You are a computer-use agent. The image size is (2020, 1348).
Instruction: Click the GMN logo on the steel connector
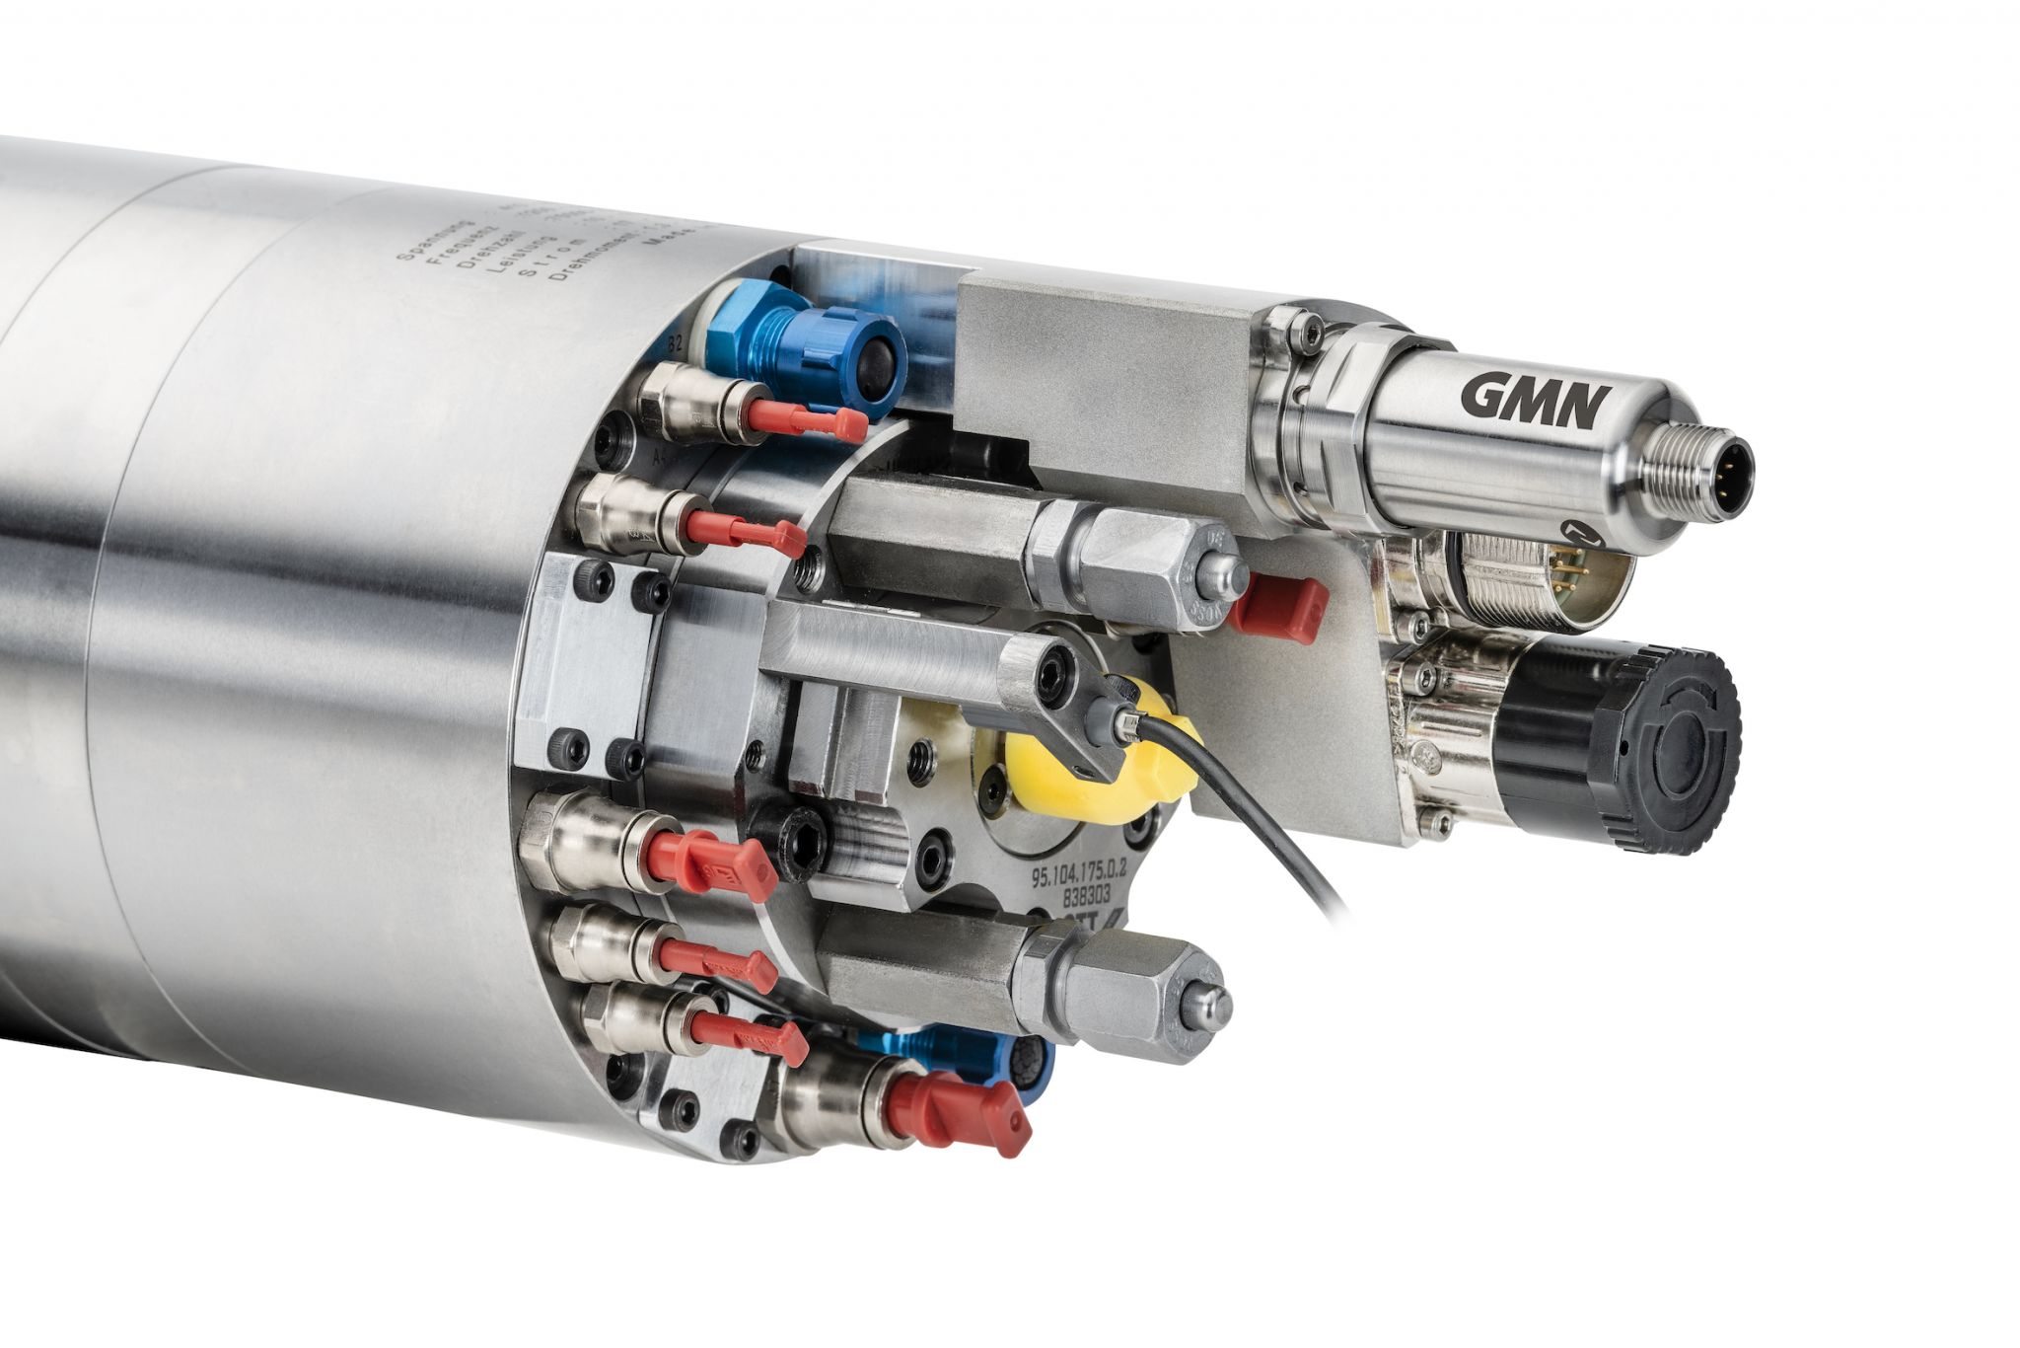point(1535,400)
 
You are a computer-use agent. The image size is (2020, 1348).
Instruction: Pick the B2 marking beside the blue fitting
point(677,343)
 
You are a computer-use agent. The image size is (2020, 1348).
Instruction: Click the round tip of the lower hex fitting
point(1209,1007)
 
